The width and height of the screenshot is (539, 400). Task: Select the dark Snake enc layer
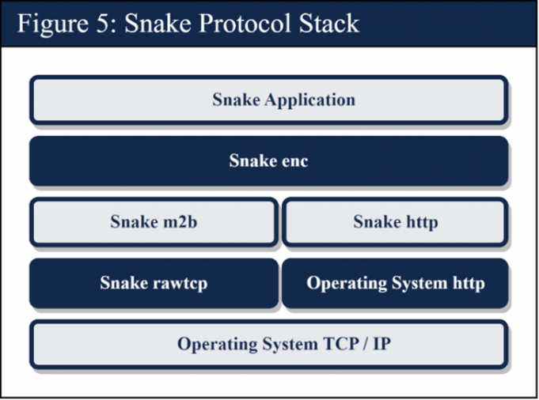268,161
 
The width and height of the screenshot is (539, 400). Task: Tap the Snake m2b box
154,222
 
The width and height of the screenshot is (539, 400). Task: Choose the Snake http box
394,222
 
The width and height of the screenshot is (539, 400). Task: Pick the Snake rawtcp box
154,283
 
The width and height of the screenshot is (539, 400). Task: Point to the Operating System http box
395,283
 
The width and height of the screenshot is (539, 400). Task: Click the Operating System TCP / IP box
268,345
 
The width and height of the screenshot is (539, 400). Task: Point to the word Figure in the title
53,23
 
